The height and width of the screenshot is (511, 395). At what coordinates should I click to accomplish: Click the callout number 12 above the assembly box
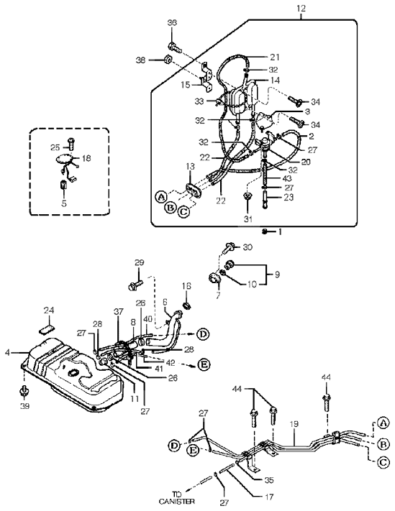[x=301, y=9]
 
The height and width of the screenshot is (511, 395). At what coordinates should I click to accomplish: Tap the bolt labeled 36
[x=175, y=47]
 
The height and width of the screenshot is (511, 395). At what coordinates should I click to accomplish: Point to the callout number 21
[x=275, y=57]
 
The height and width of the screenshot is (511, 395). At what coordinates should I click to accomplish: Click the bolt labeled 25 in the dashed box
[x=71, y=144]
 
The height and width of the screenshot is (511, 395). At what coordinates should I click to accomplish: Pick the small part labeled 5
[x=63, y=185]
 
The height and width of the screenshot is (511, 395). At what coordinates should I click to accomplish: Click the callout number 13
[x=190, y=167]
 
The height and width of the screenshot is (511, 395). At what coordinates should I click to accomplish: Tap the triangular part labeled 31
[x=248, y=198]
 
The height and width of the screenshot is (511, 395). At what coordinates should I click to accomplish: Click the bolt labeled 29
[x=135, y=286]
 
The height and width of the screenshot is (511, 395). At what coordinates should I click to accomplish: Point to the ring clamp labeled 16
[x=187, y=306]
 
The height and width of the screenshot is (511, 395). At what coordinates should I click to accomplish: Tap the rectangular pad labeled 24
[x=46, y=329]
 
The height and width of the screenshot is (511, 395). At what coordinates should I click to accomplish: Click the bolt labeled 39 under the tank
[x=24, y=390]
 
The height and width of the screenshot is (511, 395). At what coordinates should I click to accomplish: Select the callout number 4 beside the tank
[x=7, y=352]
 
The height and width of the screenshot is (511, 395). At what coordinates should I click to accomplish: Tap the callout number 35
[x=269, y=480]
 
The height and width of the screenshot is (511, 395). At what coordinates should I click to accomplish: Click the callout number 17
[x=268, y=497]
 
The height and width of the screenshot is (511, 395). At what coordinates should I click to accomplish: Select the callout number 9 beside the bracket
[x=277, y=275]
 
